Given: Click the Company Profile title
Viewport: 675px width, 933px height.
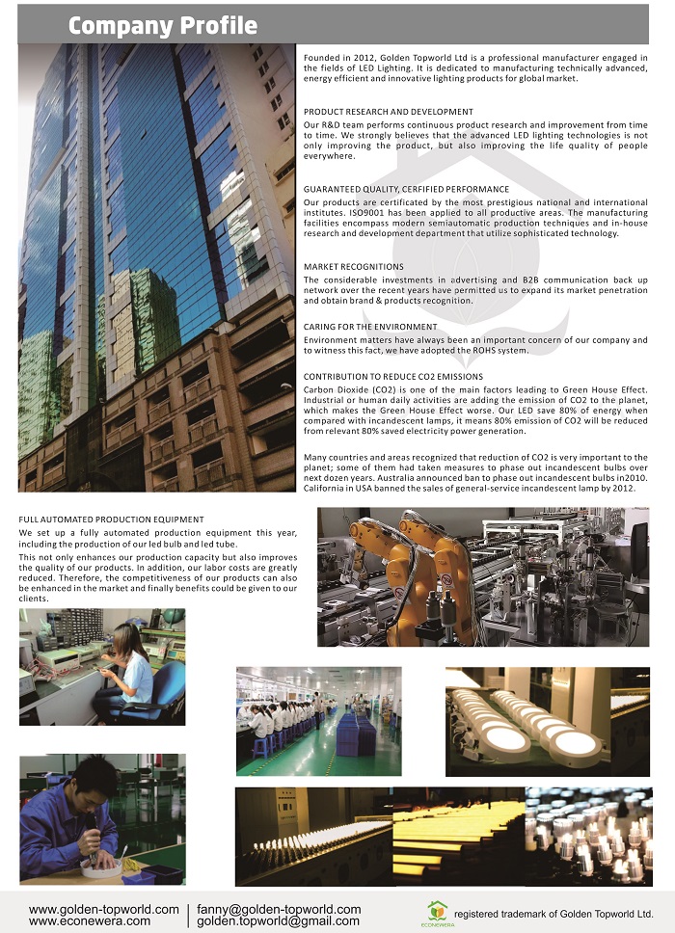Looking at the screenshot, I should point(162,25).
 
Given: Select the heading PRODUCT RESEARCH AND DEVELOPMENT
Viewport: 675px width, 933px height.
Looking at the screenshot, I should point(389,112).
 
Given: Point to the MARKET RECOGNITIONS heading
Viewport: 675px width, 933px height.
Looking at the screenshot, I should point(354,266).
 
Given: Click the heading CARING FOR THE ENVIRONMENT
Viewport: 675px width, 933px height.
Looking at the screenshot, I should point(370,327).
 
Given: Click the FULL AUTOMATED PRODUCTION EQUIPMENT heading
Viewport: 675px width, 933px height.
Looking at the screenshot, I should point(111,520).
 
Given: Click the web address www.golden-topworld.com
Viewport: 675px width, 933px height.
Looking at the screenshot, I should point(104,909).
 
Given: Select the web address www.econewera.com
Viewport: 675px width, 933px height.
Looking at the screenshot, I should point(90,921).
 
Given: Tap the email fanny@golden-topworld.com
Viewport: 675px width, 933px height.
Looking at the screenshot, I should point(279,909).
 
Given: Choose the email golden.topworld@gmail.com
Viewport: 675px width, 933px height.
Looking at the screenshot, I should point(279,921).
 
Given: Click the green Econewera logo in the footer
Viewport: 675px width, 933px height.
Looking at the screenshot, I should point(437,911).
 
